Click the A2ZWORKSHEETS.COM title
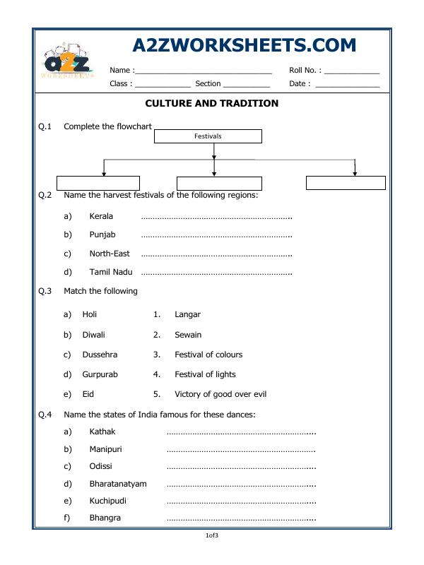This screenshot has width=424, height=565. (x=244, y=46)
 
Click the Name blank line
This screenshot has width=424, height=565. (x=203, y=72)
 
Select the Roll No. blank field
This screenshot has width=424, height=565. (x=351, y=72)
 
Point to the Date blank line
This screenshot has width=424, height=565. (x=347, y=85)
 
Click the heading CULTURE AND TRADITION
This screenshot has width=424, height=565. (x=211, y=103)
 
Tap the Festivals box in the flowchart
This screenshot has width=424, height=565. (x=208, y=136)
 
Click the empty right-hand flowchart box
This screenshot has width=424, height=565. (x=346, y=183)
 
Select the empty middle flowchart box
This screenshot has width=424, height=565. (x=219, y=184)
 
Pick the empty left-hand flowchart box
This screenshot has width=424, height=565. (x=98, y=184)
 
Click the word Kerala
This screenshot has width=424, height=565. (x=101, y=216)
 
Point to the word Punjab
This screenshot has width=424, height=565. (x=102, y=234)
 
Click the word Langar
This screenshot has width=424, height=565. (x=187, y=314)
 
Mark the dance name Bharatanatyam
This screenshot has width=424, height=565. (x=118, y=484)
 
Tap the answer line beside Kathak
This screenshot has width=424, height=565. (x=240, y=432)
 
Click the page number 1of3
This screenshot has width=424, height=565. (x=212, y=536)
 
